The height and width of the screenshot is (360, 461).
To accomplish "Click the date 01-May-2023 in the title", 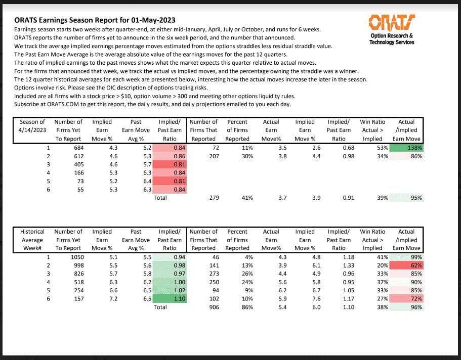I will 154,20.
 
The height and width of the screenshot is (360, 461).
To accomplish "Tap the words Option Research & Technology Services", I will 392,39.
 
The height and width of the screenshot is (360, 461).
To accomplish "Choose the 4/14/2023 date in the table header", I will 32,130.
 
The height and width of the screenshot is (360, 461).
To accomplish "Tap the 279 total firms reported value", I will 214,198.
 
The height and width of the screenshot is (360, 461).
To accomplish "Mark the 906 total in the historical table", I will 214,307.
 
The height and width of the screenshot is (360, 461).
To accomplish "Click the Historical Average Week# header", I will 32,240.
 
